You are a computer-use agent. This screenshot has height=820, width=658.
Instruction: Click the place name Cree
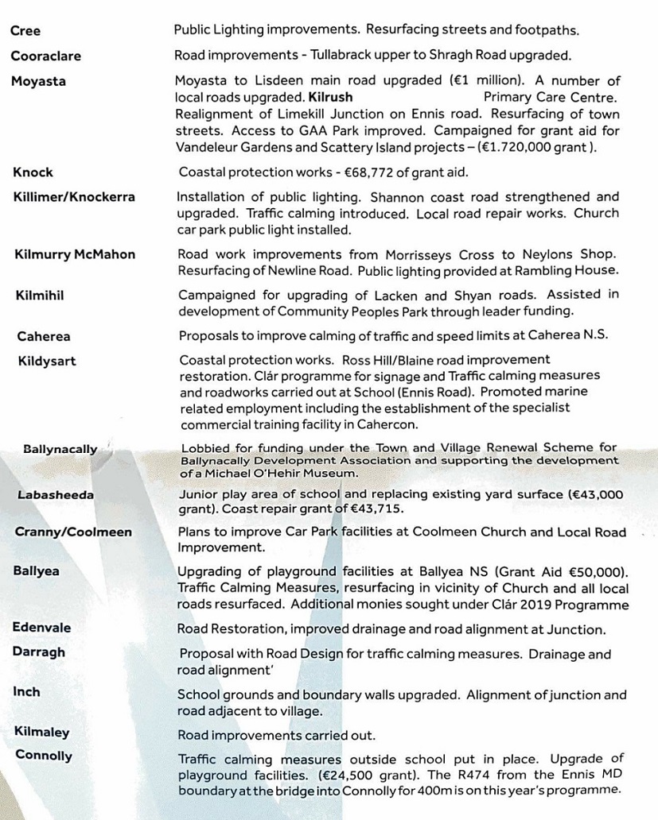pyautogui.click(x=25, y=32)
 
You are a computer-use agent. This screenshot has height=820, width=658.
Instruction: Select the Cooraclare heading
pyautogui.click(x=45, y=56)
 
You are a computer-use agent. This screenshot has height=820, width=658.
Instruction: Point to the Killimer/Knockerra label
pyautogui.click(x=74, y=197)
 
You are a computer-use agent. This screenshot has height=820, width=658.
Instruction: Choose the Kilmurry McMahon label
pyautogui.click(x=75, y=255)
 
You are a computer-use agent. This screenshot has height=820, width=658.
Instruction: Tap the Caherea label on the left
pyautogui.click(x=44, y=336)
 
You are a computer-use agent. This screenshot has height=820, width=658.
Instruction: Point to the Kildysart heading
pyautogui.click(x=47, y=362)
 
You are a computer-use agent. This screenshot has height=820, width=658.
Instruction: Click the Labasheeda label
pyautogui.click(x=55, y=495)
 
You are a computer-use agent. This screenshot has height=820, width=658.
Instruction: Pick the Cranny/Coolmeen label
pyautogui.click(x=73, y=532)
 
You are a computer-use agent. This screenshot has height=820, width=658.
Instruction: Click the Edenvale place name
pyautogui.click(x=41, y=628)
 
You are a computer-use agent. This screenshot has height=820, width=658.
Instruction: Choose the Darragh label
pyautogui.click(x=39, y=652)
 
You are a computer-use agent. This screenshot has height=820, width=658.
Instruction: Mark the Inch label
pyautogui.click(x=26, y=692)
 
